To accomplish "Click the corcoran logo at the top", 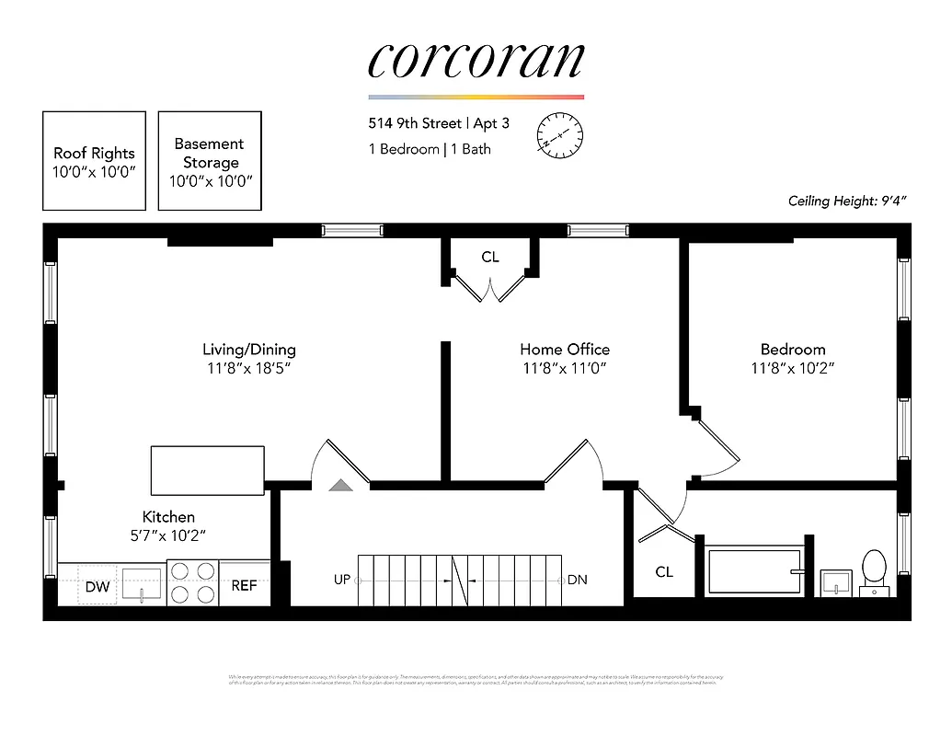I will click(x=476, y=60).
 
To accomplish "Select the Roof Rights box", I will click(x=94, y=161).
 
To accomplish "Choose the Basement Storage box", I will click(x=210, y=161).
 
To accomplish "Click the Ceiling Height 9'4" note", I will click(x=847, y=201).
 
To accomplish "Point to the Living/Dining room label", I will click(x=249, y=350).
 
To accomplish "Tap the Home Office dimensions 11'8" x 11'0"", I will click(x=564, y=369).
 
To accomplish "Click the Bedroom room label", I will click(x=792, y=350).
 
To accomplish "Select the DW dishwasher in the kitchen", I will click(x=97, y=586).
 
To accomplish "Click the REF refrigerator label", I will click(x=244, y=585).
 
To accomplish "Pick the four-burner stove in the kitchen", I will click(x=192, y=582).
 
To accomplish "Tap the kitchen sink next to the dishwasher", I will click(x=142, y=583).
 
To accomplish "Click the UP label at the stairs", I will click(x=341, y=580).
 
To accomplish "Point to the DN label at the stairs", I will click(x=577, y=580).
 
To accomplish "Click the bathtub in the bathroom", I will click(x=754, y=571).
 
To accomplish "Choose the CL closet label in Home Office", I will click(x=490, y=258).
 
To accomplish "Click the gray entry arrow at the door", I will click(x=340, y=485).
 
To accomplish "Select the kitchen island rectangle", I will click(x=208, y=470).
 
